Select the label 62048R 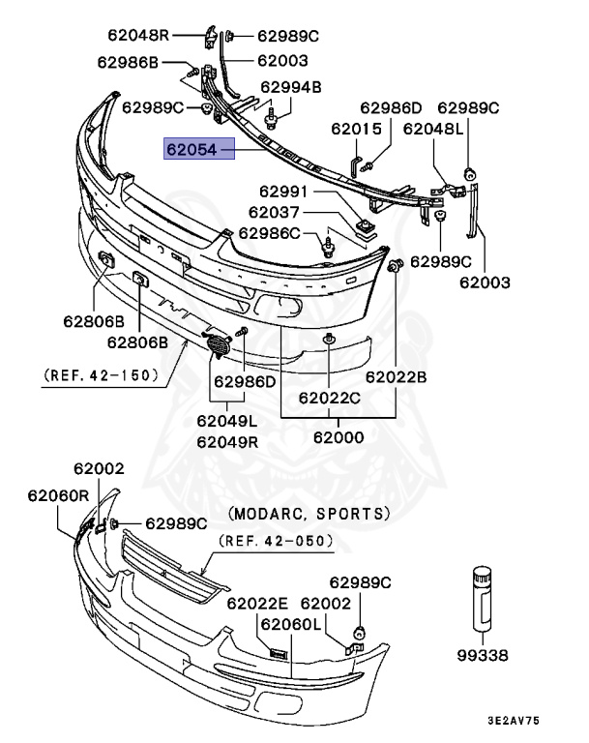[138, 36]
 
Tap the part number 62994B [290, 88]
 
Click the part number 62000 [338, 436]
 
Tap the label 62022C [329, 398]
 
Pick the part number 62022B [396, 377]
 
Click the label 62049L [226, 421]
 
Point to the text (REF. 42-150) [101, 375]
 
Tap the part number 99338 [483, 655]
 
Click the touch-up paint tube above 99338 [482, 600]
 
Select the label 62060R [58, 495]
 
